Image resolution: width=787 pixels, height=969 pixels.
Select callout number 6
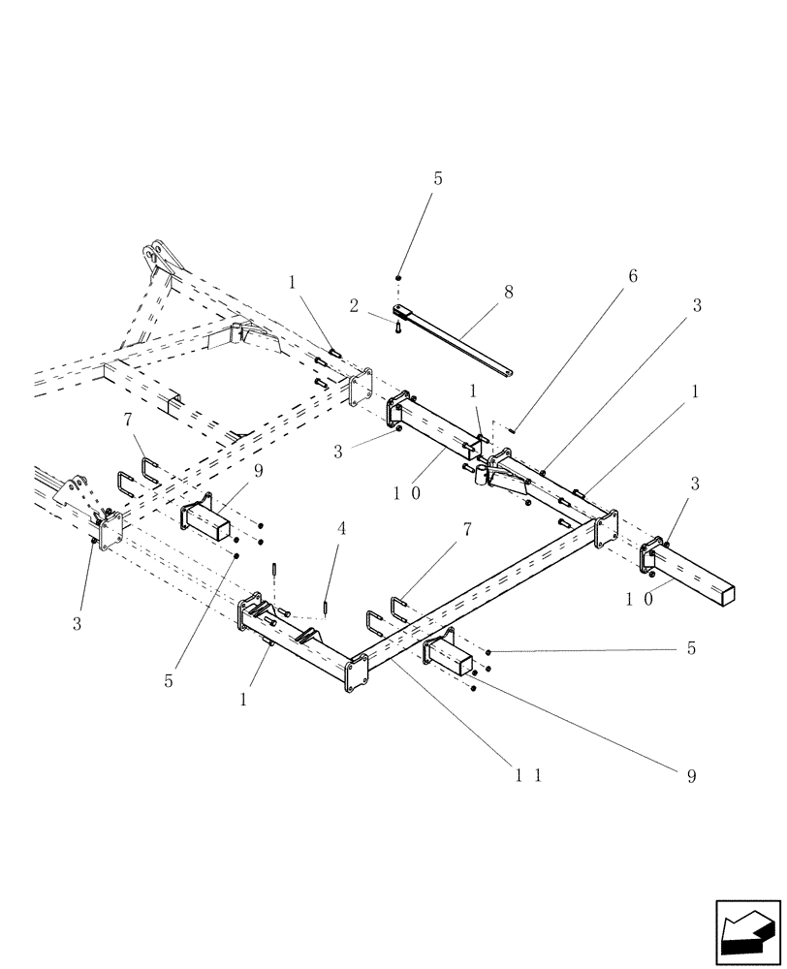click(633, 276)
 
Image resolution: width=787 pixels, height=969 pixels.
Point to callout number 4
click(341, 529)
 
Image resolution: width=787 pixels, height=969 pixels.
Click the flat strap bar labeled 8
click(456, 339)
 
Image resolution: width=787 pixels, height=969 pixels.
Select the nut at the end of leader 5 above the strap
click(398, 278)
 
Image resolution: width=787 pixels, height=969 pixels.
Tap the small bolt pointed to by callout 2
click(398, 328)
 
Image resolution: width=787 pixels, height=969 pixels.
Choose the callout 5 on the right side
click(691, 648)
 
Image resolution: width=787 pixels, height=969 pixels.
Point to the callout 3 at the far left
click(77, 624)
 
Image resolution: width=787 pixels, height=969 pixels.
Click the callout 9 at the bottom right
click(691, 775)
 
